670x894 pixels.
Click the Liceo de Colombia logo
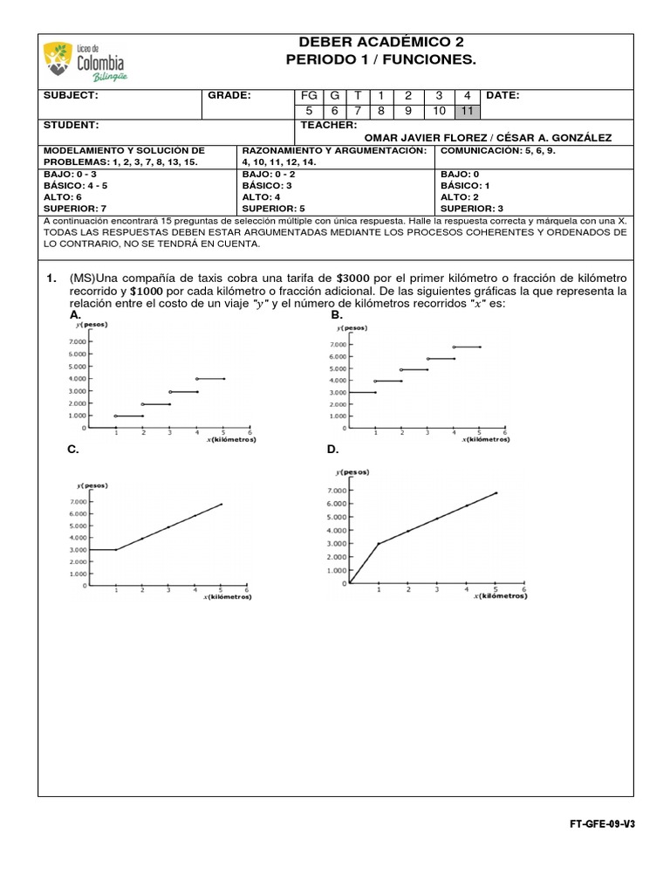(x=84, y=61)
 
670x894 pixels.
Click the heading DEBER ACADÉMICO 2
(x=381, y=42)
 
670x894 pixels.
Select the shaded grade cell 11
(x=467, y=111)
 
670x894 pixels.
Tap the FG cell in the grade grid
(x=309, y=95)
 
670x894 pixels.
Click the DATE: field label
(x=502, y=95)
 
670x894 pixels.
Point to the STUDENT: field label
(x=72, y=126)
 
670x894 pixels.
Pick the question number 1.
(x=51, y=279)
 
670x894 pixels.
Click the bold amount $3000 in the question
(x=354, y=279)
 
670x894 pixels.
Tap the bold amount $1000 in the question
(x=146, y=291)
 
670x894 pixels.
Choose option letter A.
(x=75, y=314)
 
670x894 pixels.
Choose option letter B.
(x=336, y=314)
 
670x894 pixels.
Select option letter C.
(x=74, y=450)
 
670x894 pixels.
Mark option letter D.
(x=332, y=450)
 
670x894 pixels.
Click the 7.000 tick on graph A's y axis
(x=76, y=341)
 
